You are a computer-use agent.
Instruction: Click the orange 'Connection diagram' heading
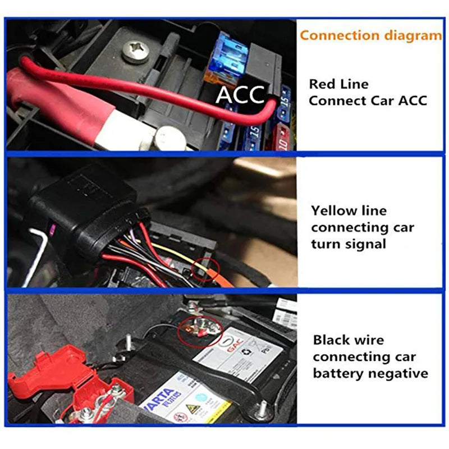pyautogui.click(x=370, y=35)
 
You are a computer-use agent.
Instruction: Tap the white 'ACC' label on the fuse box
pyautogui.click(x=241, y=95)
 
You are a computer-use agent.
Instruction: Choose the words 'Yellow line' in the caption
pyautogui.click(x=349, y=211)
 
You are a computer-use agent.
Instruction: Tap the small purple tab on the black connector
pyautogui.click(x=52, y=227)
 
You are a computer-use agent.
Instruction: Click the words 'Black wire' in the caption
pyautogui.click(x=349, y=340)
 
